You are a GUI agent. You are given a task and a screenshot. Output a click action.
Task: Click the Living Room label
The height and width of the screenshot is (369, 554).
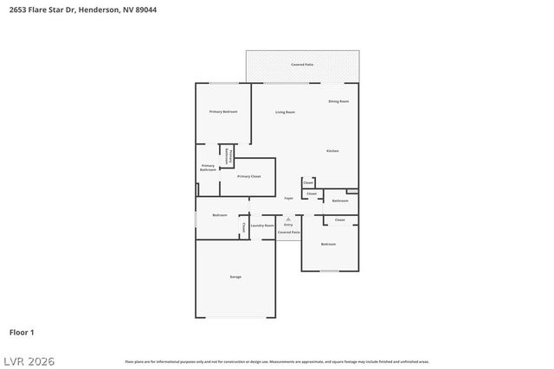pyautogui.click(x=286, y=112)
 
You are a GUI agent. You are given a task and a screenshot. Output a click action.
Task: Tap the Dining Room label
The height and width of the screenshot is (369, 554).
pyautogui.click(x=338, y=102)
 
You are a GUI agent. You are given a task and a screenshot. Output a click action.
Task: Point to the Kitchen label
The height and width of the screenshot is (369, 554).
pyautogui.click(x=332, y=151)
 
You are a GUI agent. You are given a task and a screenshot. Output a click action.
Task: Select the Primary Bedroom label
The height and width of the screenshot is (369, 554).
pyautogui.click(x=223, y=112)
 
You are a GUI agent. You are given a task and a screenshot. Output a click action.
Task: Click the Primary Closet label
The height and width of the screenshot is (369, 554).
pyautogui.click(x=249, y=176)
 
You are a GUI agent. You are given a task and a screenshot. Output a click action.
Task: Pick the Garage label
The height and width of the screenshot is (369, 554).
pyautogui.click(x=235, y=277)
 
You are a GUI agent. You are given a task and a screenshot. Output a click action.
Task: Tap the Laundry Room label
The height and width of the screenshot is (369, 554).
pyautogui.click(x=262, y=226)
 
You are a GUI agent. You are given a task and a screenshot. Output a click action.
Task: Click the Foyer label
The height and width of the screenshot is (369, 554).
pyautogui.click(x=289, y=199)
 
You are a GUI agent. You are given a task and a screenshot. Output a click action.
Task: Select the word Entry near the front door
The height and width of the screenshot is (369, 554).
pyautogui.click(x=288, y=225)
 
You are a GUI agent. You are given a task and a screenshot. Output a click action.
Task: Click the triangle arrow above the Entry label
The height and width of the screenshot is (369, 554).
pyautogui.click(x=288, y=219)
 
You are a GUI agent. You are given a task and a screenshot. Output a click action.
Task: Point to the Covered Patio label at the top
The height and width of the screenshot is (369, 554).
pyautogui.click(x=302, y=65)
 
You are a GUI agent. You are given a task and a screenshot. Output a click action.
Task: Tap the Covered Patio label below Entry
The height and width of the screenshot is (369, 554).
pyautogui.click(x=289, y=232)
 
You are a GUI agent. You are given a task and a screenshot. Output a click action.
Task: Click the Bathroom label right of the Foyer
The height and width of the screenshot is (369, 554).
pyautogui.click(x=340, y=200)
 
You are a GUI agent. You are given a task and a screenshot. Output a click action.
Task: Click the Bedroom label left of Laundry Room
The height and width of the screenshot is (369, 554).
pyautogui.click(x=221, y=215)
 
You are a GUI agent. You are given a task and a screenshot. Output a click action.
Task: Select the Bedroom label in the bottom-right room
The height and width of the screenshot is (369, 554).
pyautogui.click(x=328, y=245)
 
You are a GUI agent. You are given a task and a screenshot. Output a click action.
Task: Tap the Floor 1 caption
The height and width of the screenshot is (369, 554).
pyautogui.click(x=22, y=332)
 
